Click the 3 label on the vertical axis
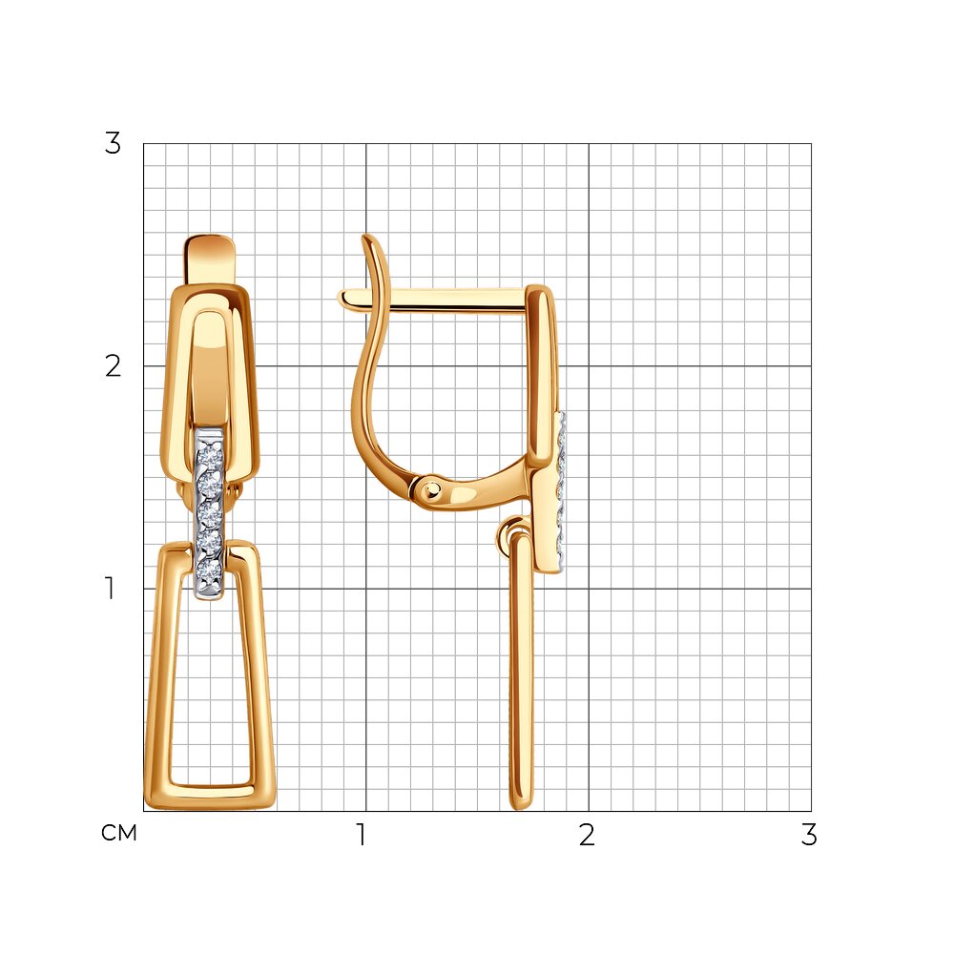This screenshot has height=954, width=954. [x=114, y=144]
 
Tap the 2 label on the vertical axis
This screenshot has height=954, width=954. [x=114, y=366]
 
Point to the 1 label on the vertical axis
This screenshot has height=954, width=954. [x=110, y=589]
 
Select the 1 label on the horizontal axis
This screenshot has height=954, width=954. [x=362, y=835]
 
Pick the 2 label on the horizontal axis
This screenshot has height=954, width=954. [x=587, y=835]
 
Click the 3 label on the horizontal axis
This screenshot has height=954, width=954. [x=809, y=835]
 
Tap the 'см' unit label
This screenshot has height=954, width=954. [x=119, y=833]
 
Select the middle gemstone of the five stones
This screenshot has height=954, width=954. [x=210, y=515]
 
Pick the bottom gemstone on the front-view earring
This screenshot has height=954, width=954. [x=209, y=571]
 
